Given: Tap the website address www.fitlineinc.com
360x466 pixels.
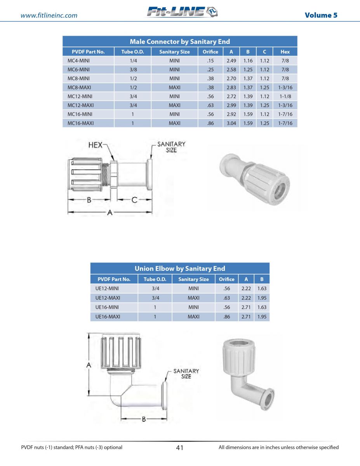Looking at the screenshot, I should click(49, 16).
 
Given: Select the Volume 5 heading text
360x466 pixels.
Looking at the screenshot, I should click(321, 15).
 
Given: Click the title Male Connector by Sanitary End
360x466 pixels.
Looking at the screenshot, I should click(180, 42).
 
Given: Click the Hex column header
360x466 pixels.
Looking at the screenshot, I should click(285, 52).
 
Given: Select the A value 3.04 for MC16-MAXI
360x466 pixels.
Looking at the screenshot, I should click(231, 123).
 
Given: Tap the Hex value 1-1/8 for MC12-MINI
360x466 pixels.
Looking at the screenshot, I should click(285, 96).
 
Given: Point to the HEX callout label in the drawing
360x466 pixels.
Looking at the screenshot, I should click(96, 145).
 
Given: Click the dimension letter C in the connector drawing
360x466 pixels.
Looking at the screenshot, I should click(134, 200).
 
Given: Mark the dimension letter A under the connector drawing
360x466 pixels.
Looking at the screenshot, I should click(110, 212).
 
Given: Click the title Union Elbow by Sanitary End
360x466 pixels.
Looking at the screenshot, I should click(180, 268).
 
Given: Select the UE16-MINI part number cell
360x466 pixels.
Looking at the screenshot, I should click(108, 307).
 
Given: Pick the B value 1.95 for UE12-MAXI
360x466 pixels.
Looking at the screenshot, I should click(262, 298).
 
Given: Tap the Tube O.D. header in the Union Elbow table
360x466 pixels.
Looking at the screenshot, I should click(155, 279).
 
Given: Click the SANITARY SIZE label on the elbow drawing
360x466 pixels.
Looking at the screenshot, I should click(186, 374).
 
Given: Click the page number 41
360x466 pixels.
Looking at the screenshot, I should click(179, 448).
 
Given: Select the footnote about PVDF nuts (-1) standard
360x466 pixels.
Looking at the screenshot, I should click(72, 447).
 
